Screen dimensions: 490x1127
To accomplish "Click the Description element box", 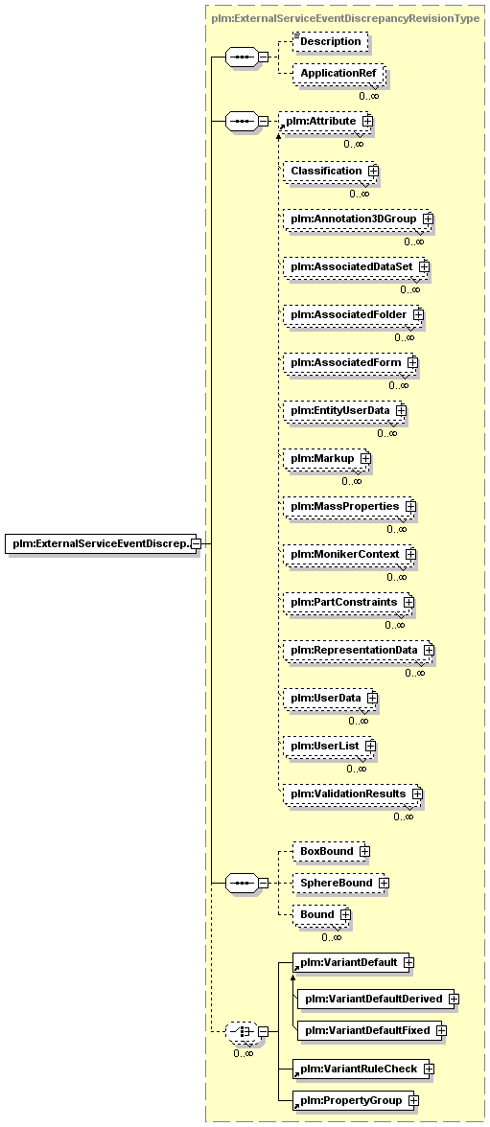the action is (330, 42).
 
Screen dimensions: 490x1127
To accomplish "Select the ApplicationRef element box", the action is (338, 73).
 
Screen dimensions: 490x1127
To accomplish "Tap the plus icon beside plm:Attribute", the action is (367, 122).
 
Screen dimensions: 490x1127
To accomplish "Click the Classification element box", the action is (329, 171).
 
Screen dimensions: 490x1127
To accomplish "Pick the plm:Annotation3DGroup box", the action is (358, 218).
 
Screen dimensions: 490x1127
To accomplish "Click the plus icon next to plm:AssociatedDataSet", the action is (424, 266).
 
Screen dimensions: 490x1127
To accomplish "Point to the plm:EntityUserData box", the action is (343, 410).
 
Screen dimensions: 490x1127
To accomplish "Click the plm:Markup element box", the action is (325, 458).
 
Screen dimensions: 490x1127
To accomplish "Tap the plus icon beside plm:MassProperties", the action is (410, 507).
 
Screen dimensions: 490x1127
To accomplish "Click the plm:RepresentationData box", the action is (358, 650).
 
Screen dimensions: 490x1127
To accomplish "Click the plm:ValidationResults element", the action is (351, 794).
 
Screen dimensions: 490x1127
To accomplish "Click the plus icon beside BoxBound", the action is (364, 852).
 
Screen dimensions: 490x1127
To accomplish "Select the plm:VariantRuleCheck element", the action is (362, 1069).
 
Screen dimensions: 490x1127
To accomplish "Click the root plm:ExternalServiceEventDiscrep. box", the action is (103, 544).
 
